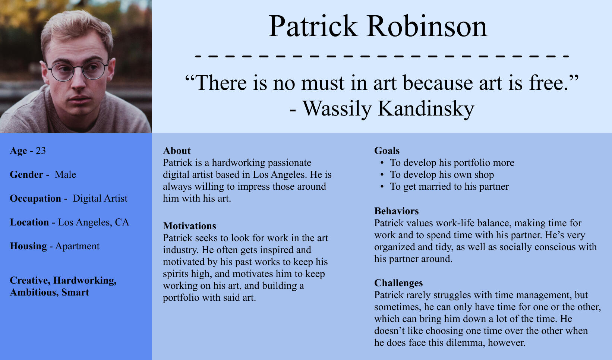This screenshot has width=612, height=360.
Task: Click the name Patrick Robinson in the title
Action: [378, 26]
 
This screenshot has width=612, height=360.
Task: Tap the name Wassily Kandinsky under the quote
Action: [388, 109]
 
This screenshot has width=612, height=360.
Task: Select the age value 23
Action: [41, 151]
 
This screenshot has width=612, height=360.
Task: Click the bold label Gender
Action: [26, 174]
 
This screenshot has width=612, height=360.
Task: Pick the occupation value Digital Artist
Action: [100, 199]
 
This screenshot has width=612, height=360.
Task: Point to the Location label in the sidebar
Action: [29, 222]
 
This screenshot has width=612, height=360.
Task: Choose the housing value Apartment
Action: [77, 246]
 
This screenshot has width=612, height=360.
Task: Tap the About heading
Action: [177, 151]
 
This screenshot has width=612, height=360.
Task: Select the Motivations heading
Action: [190, 226]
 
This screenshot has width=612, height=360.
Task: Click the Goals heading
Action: [387, 151]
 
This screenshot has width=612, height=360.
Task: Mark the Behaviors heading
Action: [397, 211]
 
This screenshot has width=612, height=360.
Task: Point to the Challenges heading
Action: [398, 283]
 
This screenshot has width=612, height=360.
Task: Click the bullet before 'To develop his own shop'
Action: [382, 175]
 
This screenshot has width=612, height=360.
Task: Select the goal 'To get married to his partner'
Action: [449, 187]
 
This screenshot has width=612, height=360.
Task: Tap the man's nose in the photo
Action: [79, 82]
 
